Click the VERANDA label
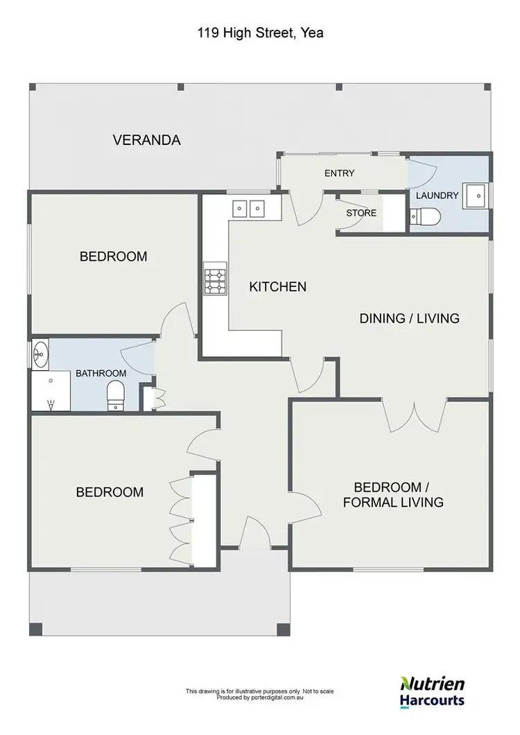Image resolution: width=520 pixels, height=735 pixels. (146, 140)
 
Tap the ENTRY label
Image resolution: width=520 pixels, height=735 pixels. (339, 173)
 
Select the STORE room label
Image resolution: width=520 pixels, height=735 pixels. (361, 213)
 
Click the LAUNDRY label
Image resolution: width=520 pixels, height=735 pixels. (437, 196)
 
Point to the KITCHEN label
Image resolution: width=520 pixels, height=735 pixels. (277, 286)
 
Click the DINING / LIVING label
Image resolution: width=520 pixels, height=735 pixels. (409, 318)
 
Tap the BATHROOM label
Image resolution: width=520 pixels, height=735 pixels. (101, 373)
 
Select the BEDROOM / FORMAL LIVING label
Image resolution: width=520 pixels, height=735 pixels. (393, 494)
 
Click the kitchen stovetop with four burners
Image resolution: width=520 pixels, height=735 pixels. (215, 280)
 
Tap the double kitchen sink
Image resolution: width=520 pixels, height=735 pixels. (248, 207)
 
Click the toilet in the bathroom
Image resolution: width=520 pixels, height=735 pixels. (115, 398)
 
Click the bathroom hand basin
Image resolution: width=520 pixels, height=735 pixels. (40, 354)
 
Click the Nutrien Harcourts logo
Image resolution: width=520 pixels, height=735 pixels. (433, 691)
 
